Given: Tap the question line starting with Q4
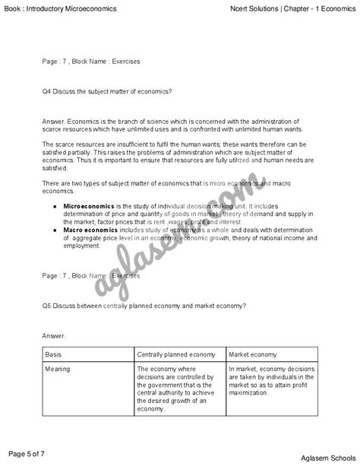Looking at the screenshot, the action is [107, 91].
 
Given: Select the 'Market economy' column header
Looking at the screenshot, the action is [253, 355].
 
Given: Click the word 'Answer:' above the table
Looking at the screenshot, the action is [55, 334].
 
